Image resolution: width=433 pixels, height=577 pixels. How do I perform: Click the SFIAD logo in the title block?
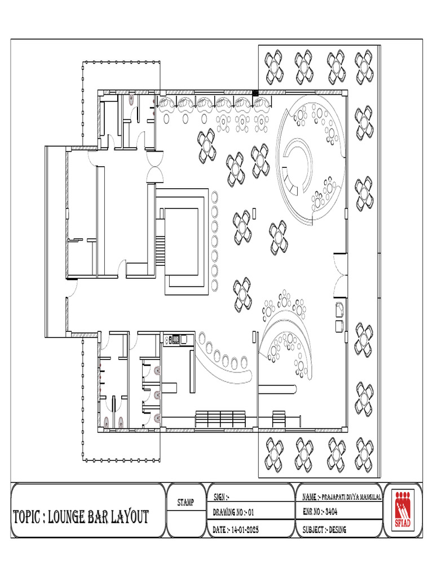(x=403, y=507)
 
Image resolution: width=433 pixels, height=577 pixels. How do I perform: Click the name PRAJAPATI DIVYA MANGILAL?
(x=350, y=497)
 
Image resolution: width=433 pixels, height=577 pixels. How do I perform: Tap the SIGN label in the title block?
(x=221, y=497)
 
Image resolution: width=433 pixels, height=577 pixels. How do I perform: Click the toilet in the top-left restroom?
(x=131, y=100)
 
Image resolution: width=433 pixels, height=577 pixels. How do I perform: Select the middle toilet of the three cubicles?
(x=157, y=394)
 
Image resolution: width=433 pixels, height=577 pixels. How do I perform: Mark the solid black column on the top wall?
(x=255, y=92)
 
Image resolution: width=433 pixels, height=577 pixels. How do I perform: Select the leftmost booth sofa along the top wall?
(x=167, y=103)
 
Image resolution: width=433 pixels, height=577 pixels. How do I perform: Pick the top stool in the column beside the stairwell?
(x=214, y=196)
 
